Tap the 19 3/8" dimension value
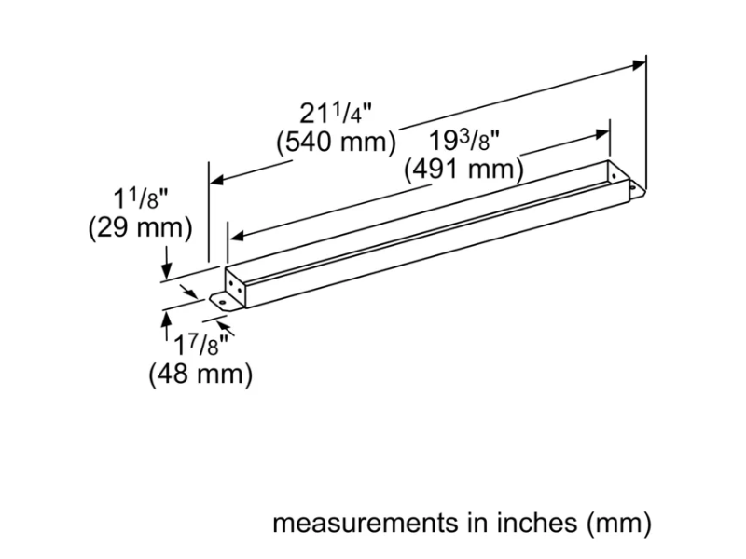click(465, 143)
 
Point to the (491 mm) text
click(463, 171)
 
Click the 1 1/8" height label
click(140, 198)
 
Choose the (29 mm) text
click(139, 227)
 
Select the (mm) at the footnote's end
click(618, 524)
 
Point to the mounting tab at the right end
click(637, 189)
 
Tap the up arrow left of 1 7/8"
click(166, 320)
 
